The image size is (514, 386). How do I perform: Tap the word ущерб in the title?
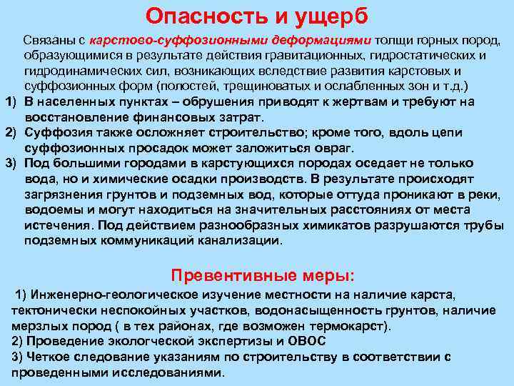point(333,15)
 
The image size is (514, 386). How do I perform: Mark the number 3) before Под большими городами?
point(11,164)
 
